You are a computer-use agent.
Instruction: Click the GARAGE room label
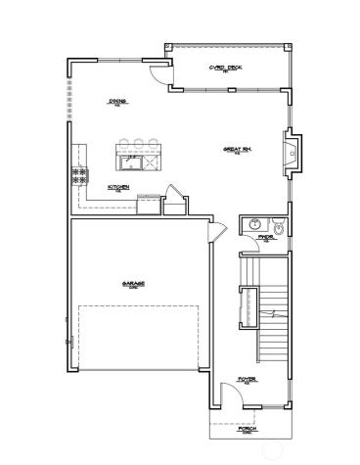click(x=134, y=284)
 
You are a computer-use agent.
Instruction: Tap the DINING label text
click(x=118, y=101)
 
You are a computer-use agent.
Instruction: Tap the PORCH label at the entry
click(x=248, y=429)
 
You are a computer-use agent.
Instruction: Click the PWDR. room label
click(x=265, y=237)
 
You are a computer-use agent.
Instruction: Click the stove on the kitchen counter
click(x=77, y=176)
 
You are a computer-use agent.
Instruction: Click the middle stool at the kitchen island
click(x=139, y=144)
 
